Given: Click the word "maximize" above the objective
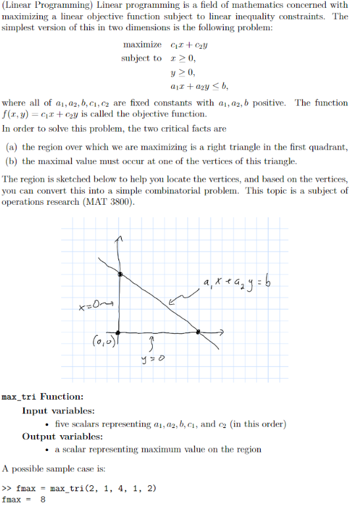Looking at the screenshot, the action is (x=142, y=44).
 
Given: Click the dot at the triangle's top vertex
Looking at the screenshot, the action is (x=120, y=273).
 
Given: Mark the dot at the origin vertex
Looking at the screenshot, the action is (x=118, y=333).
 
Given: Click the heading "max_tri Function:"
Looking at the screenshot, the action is (x=42, y=396).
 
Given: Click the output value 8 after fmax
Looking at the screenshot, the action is (x=43, y=500).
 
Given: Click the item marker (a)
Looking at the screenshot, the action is (x=11, y=147).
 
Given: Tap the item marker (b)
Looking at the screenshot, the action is (x=11, y=161).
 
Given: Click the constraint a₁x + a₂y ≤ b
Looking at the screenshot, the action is (x=198, y=86).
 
